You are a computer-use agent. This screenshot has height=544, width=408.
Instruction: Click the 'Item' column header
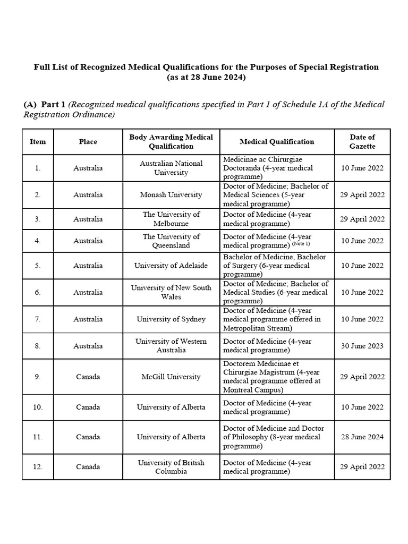point(38,141)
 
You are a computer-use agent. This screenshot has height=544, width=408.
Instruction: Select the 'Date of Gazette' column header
point(362,141)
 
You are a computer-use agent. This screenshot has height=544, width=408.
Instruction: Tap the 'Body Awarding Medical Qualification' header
point(171,141)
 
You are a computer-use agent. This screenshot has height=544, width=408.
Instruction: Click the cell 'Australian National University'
point(171,168)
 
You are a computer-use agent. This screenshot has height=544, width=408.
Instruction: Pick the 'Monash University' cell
point(171,195)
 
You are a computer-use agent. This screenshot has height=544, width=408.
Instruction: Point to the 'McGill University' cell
point(171,377)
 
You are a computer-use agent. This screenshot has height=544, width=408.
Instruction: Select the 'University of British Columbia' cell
point(171,467)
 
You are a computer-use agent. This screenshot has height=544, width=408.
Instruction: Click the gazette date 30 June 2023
point(362,346)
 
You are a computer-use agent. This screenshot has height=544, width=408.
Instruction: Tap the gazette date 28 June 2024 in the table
point(362,437)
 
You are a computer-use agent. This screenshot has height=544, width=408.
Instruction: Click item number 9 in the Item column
point(38,377)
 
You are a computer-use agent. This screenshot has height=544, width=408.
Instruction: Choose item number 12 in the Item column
point(38,467)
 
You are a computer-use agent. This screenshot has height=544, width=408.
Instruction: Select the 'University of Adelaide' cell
point(171,266)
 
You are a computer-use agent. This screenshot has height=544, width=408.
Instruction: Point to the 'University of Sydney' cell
point(171,319)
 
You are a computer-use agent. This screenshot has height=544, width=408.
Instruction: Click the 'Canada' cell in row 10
point(88,407)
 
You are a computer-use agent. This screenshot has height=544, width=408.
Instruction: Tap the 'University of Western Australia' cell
point(171,346)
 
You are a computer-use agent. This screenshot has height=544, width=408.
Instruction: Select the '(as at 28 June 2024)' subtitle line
point(206,78)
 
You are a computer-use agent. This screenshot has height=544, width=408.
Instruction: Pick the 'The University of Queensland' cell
point(171,241)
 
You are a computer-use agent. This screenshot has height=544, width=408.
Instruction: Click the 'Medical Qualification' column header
point(277,141)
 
